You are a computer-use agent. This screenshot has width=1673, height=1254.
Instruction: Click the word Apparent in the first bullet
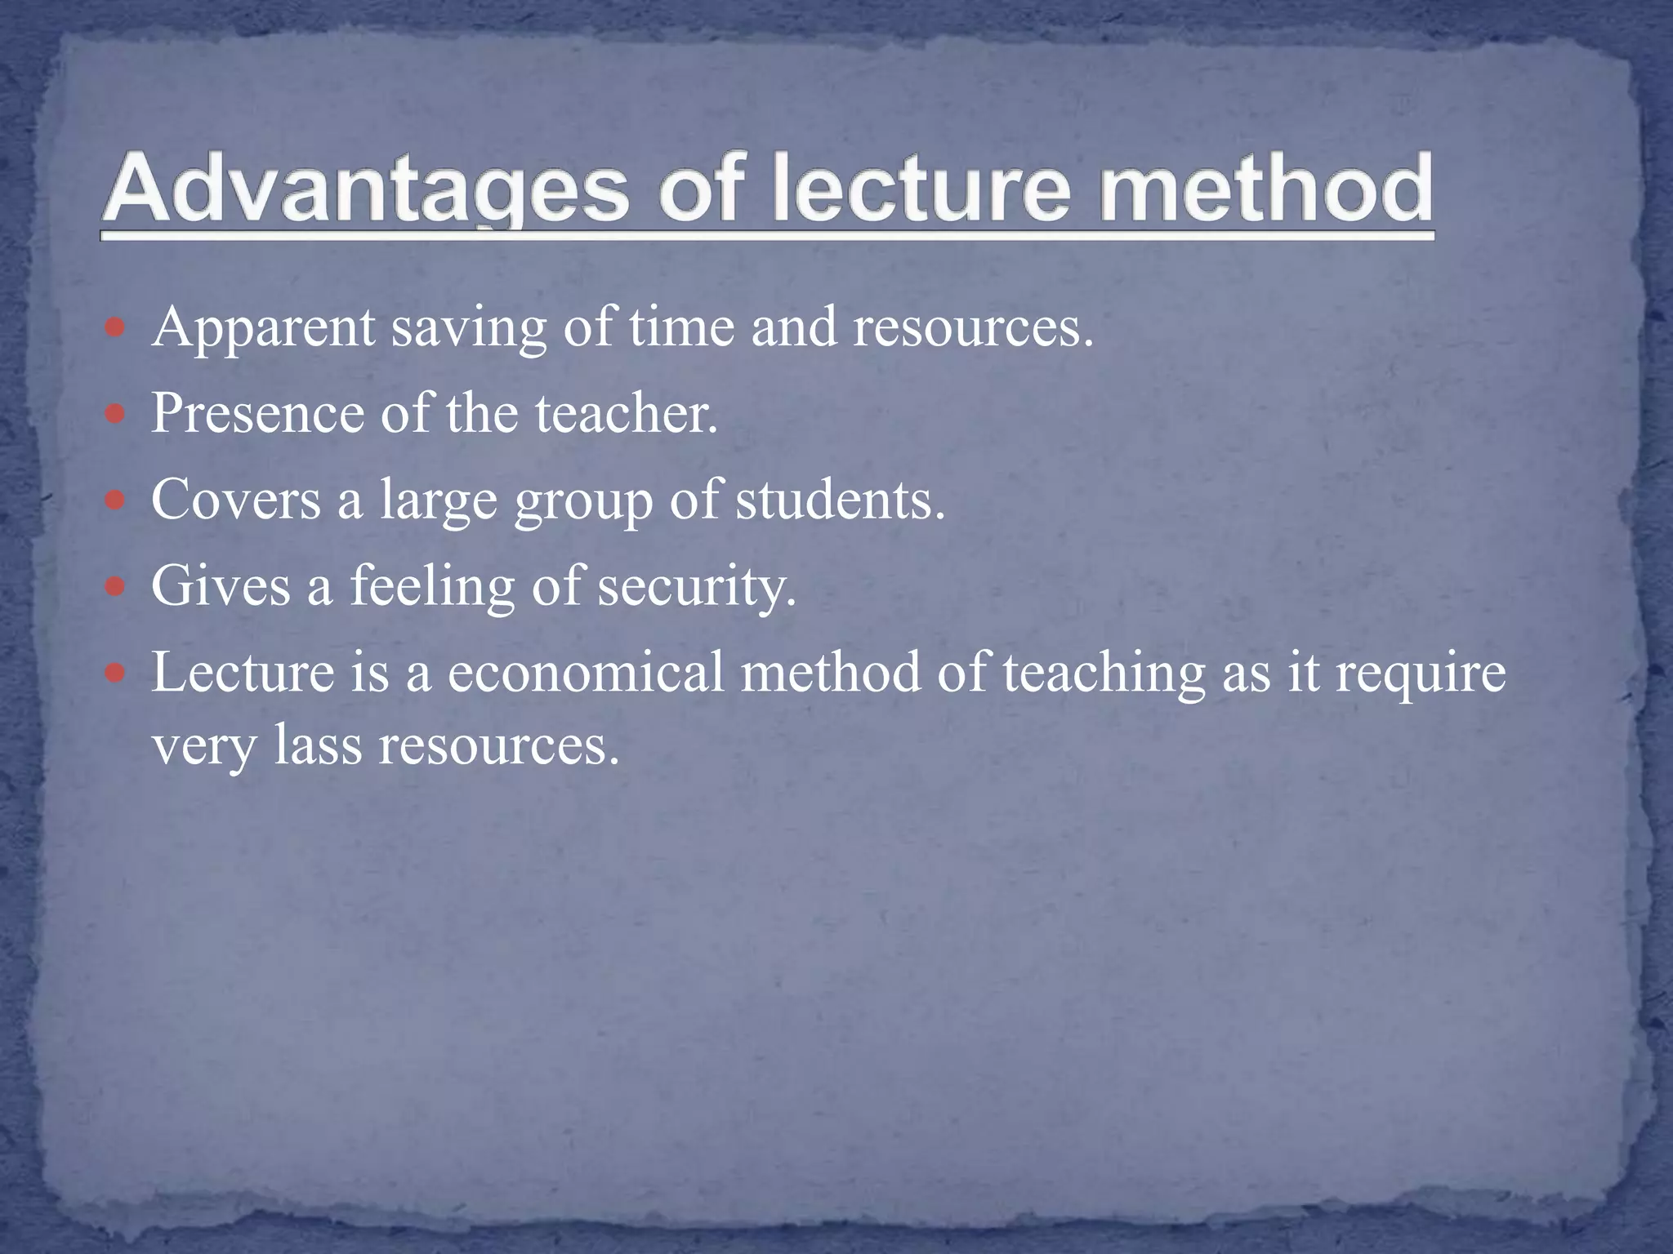(263, 329)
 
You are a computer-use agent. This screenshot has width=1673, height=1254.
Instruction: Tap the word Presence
(258, 413)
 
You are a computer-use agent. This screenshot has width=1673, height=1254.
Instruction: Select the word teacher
(626, 413)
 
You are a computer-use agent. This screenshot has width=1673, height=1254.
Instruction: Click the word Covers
(235, 500)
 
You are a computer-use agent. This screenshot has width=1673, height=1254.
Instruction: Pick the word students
(840, 500)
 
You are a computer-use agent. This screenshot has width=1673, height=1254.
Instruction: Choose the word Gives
(221, 586)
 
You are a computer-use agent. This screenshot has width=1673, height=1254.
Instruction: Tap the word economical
(585, 673)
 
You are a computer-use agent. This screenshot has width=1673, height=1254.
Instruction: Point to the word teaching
(1104, 674)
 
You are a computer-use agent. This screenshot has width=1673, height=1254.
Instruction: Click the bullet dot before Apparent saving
(115, 328)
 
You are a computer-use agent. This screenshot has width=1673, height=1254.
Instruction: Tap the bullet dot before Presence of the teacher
(115, 414)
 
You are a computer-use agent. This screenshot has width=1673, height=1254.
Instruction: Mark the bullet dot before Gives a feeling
(115, 587)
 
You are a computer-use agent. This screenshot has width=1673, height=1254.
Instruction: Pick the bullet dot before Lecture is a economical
(115, 674)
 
